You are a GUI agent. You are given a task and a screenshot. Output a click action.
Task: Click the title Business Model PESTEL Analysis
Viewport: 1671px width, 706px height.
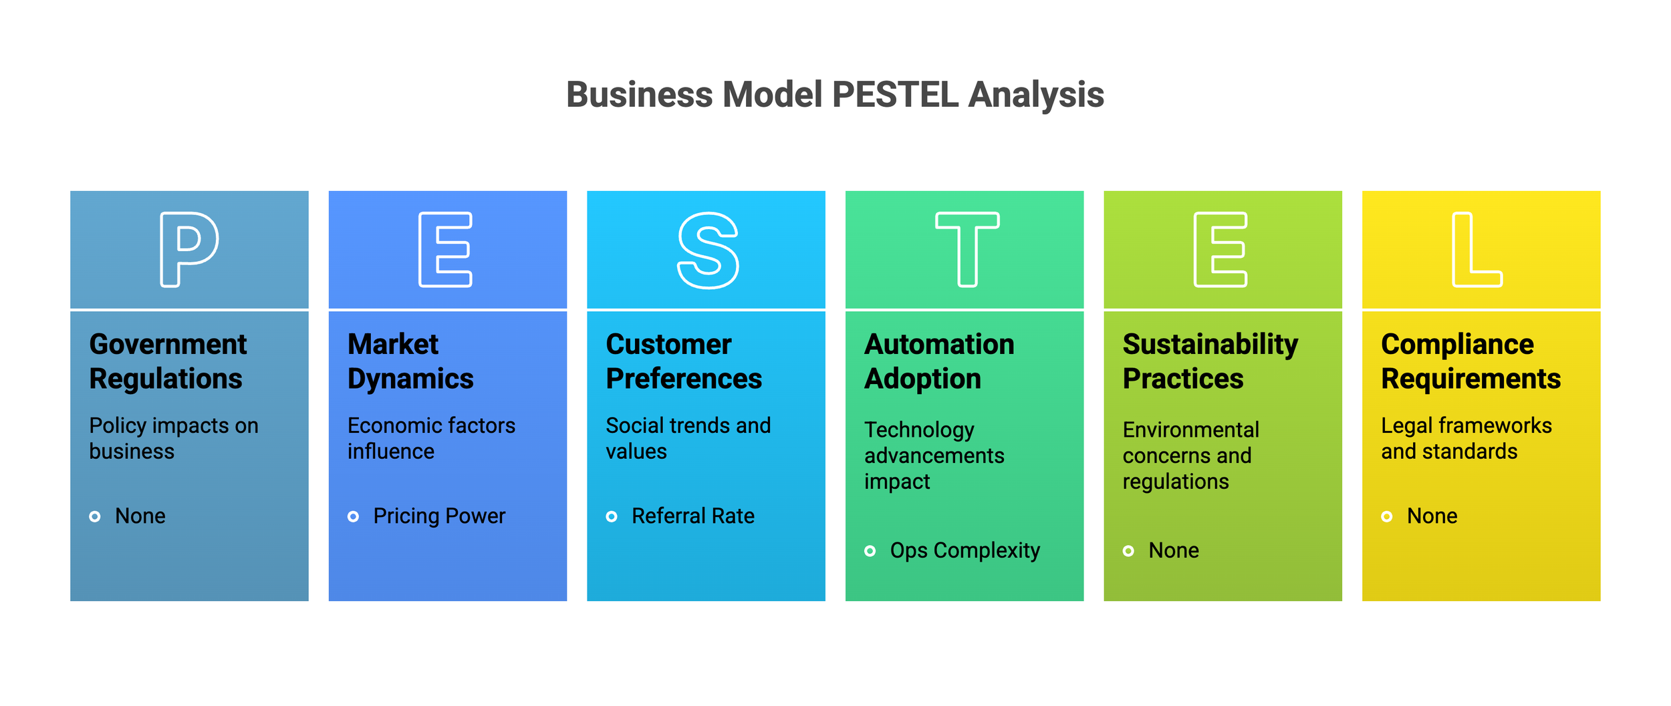835,94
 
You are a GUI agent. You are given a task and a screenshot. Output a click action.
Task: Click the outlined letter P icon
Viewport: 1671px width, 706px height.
188,249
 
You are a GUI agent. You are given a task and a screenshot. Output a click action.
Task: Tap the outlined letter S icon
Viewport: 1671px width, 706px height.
708,250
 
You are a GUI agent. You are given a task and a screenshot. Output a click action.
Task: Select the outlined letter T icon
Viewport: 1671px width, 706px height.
967,249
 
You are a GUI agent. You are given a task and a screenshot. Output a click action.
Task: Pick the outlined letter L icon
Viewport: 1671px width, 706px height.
1476,249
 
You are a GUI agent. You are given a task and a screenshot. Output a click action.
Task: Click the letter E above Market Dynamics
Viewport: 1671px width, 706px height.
445,249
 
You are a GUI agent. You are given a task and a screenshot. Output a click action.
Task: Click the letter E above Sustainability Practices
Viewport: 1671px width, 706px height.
1220,249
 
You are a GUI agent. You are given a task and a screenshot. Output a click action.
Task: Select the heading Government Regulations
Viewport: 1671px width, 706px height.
168,361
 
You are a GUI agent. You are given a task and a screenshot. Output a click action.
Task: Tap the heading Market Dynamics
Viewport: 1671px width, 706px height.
410,361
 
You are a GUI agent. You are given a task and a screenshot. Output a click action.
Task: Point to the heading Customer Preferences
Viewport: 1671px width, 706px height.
683,361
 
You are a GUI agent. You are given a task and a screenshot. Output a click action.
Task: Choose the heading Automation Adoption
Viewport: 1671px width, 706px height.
938,361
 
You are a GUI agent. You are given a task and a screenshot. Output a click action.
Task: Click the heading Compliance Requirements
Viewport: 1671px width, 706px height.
1470,361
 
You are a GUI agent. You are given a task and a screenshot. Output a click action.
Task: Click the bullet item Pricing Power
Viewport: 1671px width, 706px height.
439,516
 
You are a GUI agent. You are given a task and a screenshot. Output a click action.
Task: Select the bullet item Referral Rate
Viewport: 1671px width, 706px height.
692,516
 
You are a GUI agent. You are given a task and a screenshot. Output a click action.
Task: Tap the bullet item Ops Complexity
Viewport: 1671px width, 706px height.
965,550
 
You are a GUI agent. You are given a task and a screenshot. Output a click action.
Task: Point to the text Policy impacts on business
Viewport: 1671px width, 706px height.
174,438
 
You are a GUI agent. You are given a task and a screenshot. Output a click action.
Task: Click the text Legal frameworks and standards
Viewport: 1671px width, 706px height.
1466,438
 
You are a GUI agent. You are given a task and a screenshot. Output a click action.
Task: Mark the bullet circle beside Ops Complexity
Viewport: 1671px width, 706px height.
870,551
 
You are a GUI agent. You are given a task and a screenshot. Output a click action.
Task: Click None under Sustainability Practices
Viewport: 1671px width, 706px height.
1173,550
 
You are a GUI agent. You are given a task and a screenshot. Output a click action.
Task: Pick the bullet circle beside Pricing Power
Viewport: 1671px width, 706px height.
353,516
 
